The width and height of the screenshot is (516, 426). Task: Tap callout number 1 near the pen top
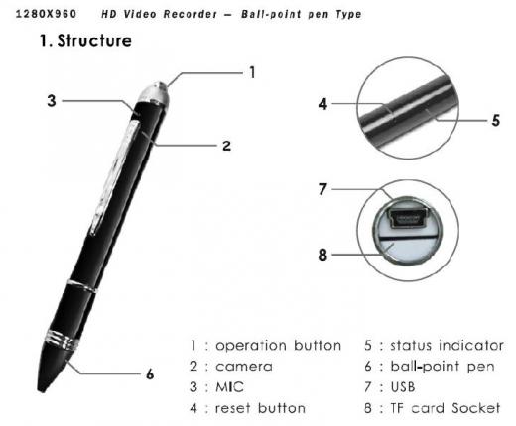[x=252, y=72]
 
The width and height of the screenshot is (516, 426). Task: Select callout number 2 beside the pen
[x=226, y=146]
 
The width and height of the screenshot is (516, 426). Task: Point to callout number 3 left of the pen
[x=52, y=100]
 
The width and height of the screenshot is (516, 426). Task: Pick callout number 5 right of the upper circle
[x=494, y=121]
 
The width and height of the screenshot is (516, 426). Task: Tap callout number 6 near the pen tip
[x=150, y=373]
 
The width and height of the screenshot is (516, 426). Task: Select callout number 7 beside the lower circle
[x=322, y=188]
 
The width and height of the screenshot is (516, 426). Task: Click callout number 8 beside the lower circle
[x=322, y=253]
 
